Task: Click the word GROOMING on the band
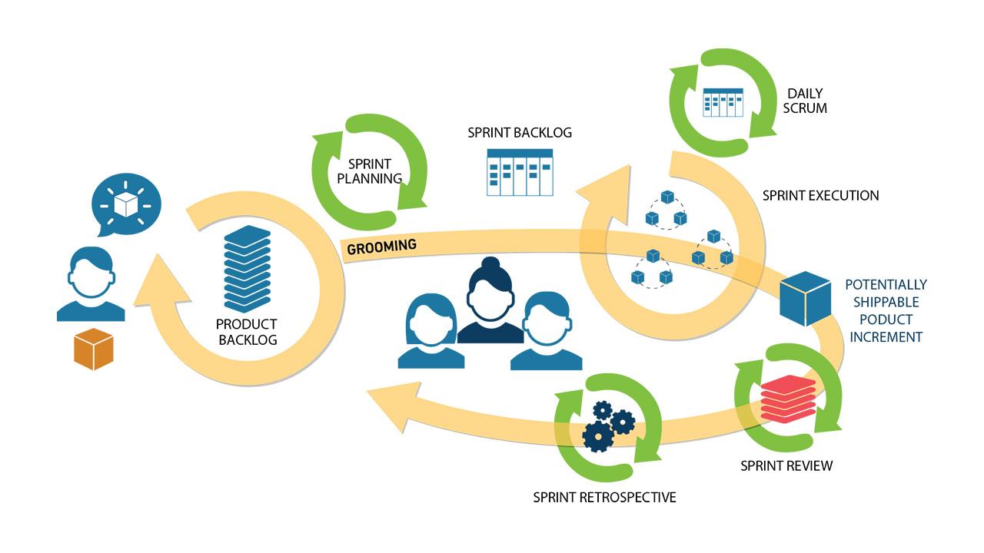pyautogui.click(x=382, y=247)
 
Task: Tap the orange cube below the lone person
pyautogui.click(x=93, y=349)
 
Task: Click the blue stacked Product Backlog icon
pyautogui.click(x=248, y=270)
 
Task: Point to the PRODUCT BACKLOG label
pyautogui.click(x=247, y=332)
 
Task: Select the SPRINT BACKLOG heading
pyautogui.click(x=520, y=132)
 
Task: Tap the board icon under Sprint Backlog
pyautogui.click(x=520, y=173)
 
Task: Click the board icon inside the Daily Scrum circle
pyautogui.click(x=723, y=102)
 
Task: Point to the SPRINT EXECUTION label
pyautogui.click(x=820, y=195)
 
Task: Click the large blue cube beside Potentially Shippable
pyautogui.click(x=806, y=299)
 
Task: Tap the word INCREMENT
pyautogui.click(x=886, y=336)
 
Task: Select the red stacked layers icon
pyautogui.click(x=787, y=401)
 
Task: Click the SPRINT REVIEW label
pyautogui.click(x=786, y=465)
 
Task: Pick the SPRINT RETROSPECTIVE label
pyautogui.click(x=604, y=497)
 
